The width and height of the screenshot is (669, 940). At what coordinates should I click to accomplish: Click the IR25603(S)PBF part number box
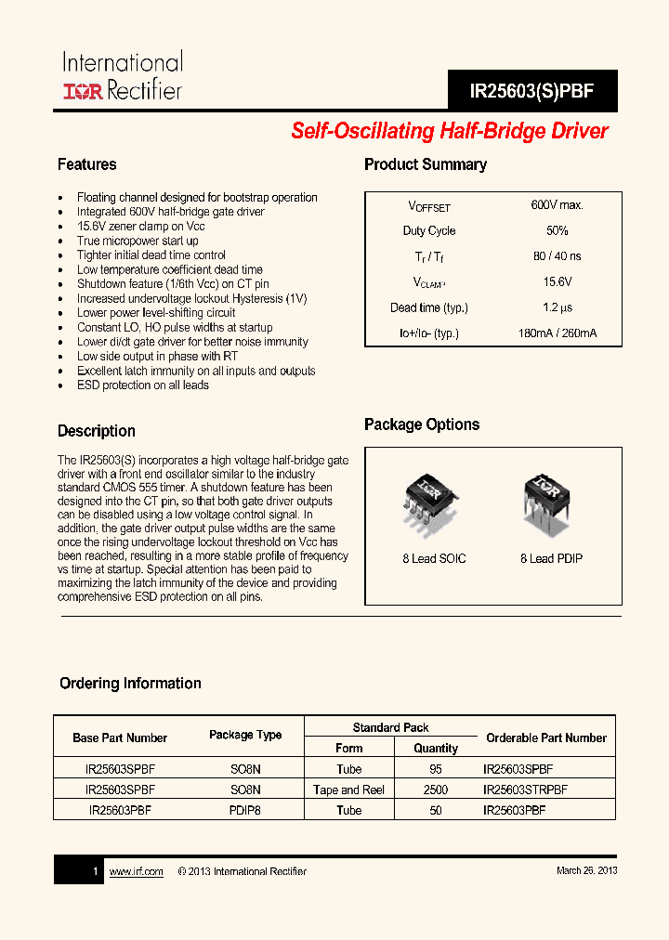click(531, 92)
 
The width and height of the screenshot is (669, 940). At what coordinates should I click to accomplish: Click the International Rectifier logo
click(122, 76)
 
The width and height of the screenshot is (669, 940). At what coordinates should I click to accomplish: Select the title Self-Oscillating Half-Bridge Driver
click(450, 131)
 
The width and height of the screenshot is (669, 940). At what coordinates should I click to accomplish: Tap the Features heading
click(87, 164)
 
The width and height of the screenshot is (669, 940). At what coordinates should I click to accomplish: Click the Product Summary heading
click(426, 164)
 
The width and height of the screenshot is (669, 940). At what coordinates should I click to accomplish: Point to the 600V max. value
click(557, 205)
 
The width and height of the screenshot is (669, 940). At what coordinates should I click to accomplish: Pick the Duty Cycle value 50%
click(557, 230)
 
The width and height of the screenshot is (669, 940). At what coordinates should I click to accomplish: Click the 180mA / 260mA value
click(557, 333)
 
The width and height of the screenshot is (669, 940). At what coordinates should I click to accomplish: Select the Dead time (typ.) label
click(429, 307)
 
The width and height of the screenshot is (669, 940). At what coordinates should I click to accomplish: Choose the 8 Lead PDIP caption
click(551, 558)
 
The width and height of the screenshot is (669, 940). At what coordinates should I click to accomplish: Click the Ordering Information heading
click(130, 683)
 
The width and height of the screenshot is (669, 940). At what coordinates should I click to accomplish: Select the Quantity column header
click(436, 748)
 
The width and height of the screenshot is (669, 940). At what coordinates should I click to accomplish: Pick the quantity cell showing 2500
click(435, 790)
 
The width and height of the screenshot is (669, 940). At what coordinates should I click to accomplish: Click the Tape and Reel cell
click(349, 790)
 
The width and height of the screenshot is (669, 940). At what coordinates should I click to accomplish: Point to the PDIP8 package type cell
click(245, 810)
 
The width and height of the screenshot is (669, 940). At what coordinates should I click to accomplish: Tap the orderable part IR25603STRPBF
click(525, 790)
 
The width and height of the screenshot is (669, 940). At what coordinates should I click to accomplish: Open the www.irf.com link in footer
click(136, 871)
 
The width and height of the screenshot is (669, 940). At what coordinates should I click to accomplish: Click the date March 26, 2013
click(586, 870)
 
